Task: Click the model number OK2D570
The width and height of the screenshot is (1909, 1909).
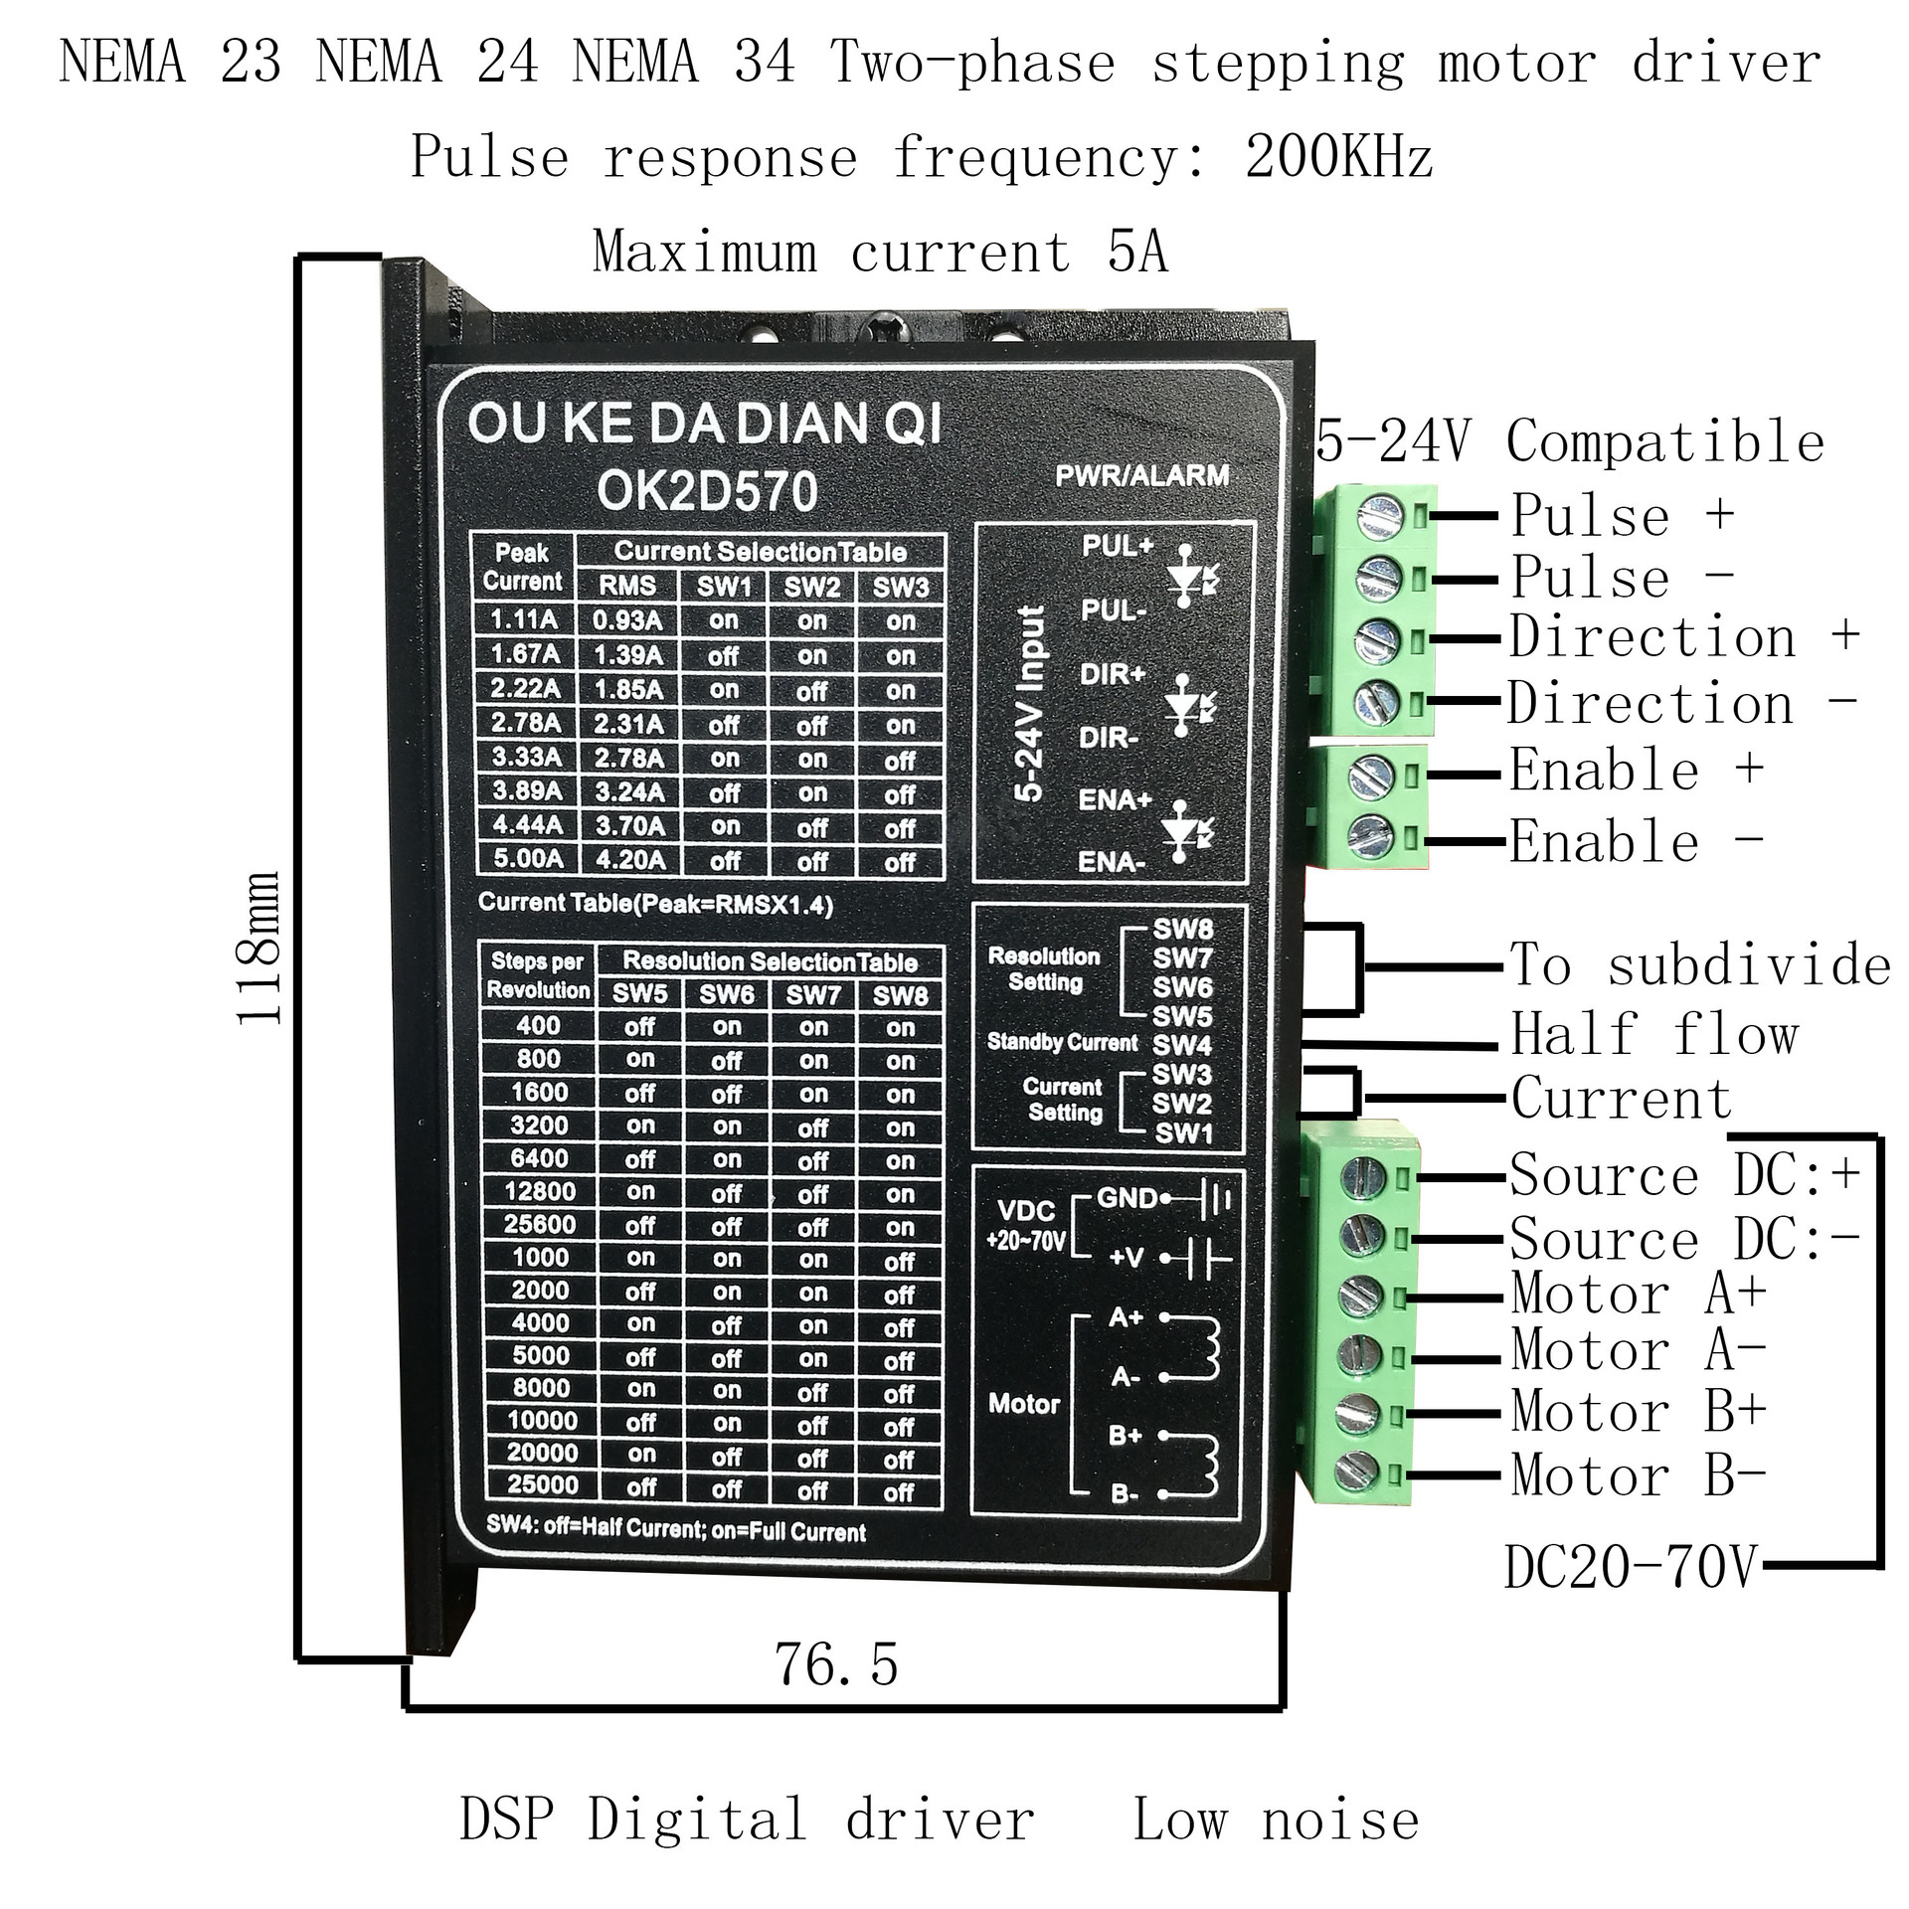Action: [707, 491]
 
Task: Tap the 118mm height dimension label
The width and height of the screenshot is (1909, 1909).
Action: [260, 948]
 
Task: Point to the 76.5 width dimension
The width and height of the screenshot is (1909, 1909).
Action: [835, 1664]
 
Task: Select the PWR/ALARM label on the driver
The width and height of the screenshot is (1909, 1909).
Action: [1141, 475]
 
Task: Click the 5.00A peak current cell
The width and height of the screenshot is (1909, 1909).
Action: [527, 859]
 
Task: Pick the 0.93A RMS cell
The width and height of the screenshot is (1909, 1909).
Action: [626, 620]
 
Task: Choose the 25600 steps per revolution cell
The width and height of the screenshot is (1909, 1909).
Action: [539, 1225]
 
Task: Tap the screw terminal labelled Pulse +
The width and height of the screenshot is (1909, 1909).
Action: [1380, 516]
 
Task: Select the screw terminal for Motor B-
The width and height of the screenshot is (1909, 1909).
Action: [1357, 1473]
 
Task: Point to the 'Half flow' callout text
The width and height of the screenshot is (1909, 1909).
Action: [1654, 1034]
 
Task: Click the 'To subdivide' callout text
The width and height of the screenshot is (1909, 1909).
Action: [1699, 965]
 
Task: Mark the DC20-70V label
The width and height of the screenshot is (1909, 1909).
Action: [1631, 1568]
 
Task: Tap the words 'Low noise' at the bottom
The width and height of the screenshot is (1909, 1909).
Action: [1276, 1821]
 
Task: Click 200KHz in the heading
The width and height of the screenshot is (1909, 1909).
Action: [1338, 157]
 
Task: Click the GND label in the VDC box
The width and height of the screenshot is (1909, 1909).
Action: [1127, 1198]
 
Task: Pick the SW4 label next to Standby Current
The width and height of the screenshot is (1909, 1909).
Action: [1182, 1045]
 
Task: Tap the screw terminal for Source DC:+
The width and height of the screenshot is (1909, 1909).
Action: [1363, 1178]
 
